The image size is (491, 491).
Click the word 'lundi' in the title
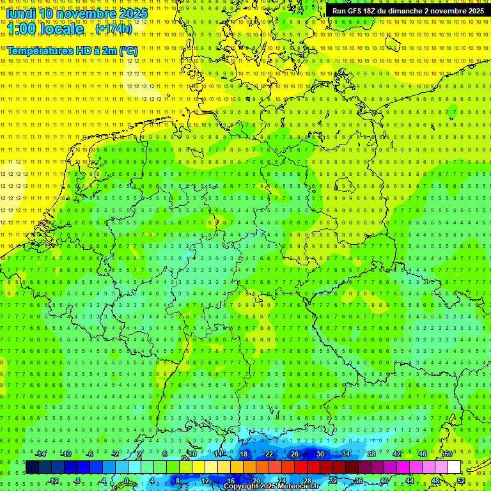(21, 13)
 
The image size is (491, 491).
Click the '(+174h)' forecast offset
(114, 29)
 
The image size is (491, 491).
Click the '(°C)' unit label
(127, 51)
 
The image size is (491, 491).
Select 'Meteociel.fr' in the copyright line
(299, 487)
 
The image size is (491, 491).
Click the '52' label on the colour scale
(462, 481)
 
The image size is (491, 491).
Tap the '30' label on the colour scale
(320, 454)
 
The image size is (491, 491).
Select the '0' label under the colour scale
(127, 481)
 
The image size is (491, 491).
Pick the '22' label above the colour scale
(269, 454)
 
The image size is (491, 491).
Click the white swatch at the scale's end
(455, 467)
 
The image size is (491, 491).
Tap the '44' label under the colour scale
(410, 481)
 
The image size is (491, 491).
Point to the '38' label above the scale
(371, 454)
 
